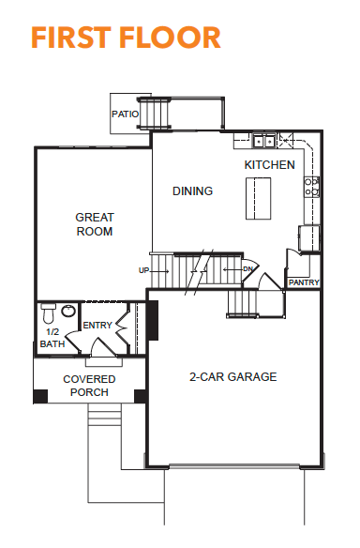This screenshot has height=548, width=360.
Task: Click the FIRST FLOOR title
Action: [126, 38]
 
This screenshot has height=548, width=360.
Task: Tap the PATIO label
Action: [125, 114]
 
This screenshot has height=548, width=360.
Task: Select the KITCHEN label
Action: [270, 164]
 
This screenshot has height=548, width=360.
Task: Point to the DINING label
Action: [193, 190]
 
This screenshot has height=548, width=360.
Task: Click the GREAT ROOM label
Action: [95, 224]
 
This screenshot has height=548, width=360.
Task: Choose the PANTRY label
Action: [304, 282]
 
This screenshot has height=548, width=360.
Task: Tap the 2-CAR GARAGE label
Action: [232, 377]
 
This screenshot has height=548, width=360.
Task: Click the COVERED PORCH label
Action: [89, 386]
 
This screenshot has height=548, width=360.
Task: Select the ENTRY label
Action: [97, 326]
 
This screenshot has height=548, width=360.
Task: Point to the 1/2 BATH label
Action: [52, 338]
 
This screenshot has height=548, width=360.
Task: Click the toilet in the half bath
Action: [48, 313]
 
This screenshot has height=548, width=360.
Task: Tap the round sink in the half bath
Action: [68, 311]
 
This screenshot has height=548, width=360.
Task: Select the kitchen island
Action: [259, 199]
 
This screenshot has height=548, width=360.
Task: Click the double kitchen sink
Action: [264, 141]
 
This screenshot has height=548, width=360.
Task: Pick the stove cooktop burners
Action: [311, 187]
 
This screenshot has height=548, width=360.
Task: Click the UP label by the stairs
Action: [143, 270]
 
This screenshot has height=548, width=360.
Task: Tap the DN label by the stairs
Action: [247, 269]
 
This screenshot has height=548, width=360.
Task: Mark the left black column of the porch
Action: [40, 396]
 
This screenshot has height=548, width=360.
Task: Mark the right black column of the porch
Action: [141, 396]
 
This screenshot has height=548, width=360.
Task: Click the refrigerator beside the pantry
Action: [309, 238]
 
